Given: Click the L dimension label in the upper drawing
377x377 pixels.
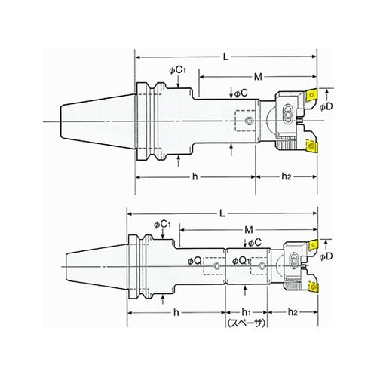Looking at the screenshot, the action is [226, 57].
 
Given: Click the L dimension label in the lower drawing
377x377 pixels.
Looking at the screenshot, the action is [222, 213].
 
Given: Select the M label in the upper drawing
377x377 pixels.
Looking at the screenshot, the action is [258, 77].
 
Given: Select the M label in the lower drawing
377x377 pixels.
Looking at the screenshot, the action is [249, 229].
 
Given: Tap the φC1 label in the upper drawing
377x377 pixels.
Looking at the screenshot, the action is [178, 71].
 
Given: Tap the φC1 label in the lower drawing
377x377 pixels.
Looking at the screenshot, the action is [162, 225].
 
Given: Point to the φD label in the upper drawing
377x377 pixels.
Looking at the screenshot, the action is [326, 107].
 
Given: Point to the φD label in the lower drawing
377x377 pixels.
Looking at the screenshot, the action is [326, 256].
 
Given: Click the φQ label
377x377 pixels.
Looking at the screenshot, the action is [195, 262].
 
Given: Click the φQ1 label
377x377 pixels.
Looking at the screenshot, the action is [241, 261].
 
